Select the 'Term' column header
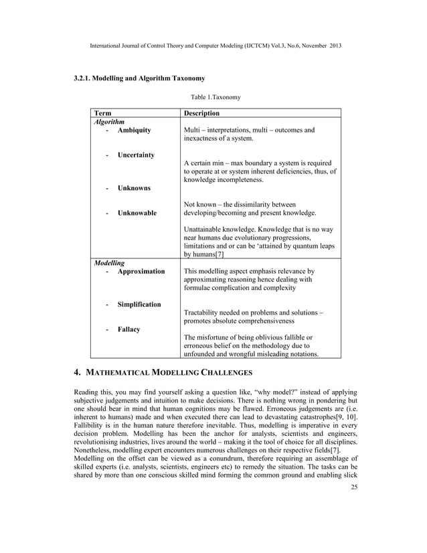103,114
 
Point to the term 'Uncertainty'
137,155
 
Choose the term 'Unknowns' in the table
134,188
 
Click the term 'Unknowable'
137,213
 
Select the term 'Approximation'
141,271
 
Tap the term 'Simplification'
139,305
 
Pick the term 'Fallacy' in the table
129,329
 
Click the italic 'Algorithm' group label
108,123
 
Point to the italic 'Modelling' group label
108,263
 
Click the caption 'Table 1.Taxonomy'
213,97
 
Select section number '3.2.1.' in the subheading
84,79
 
